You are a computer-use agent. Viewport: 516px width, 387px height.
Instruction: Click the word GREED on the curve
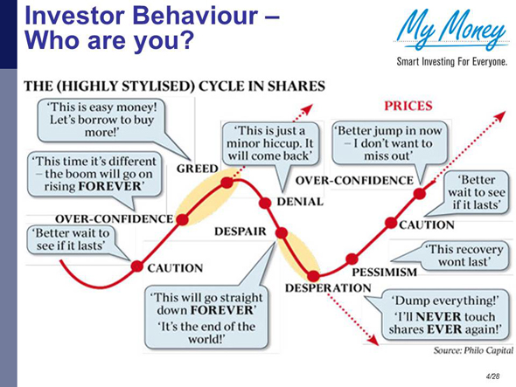pyautogui.click(x=196, y=169)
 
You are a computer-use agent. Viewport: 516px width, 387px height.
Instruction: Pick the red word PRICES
pyautogui.click(x=407, y=106)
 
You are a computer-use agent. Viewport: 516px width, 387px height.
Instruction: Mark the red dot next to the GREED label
pyautogui.click(x=227, y=183)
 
